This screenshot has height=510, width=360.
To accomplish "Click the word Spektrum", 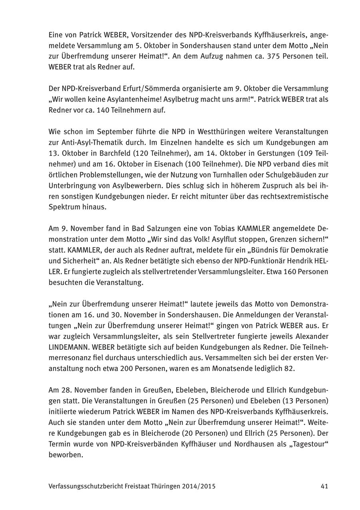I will pyautogui.click(x=63, y=207).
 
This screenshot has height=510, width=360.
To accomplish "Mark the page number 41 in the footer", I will pyautogui.click(x=324, y=486).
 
